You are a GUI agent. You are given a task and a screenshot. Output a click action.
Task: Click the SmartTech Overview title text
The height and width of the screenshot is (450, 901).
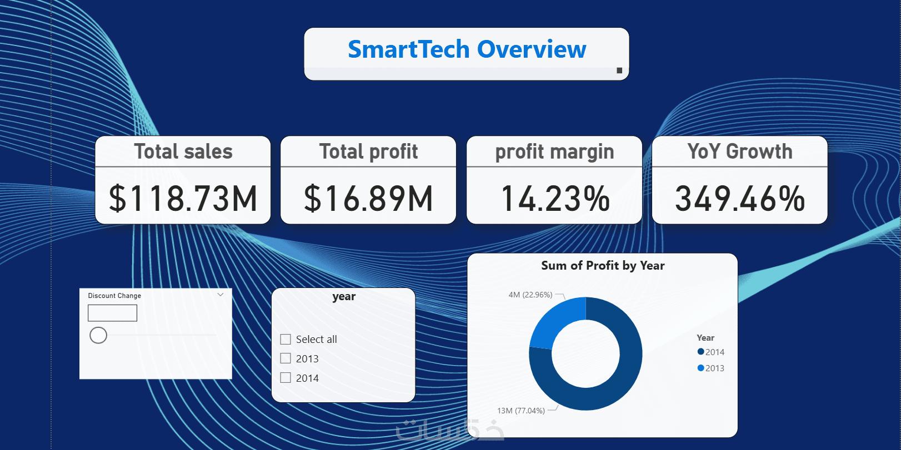[467, 49]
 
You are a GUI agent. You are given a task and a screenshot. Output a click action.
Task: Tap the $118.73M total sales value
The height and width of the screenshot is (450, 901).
[183, 199]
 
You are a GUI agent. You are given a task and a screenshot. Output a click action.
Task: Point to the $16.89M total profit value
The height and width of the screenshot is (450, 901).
[368, 199]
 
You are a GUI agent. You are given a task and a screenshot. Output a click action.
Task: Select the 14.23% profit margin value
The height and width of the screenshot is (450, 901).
[555, 199]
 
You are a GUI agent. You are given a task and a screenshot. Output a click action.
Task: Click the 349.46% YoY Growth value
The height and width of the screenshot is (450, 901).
[739, 199]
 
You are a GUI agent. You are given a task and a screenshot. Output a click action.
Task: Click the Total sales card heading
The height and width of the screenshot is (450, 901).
[183, 151]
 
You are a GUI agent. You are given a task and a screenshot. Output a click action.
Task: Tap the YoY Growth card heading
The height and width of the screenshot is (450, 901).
[739, 151]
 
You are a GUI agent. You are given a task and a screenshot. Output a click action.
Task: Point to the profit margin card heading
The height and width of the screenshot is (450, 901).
[554, 151]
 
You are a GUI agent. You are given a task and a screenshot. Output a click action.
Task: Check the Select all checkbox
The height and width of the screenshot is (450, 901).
[286, 339]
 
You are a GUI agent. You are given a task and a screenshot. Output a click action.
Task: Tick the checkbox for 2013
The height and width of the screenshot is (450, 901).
[286, 358]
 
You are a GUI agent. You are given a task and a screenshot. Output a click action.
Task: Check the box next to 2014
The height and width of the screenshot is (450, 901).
[286, 378]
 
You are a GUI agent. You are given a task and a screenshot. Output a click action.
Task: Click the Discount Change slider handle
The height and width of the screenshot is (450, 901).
[98, 335]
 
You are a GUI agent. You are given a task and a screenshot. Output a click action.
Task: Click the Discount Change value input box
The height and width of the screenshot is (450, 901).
[112, 313]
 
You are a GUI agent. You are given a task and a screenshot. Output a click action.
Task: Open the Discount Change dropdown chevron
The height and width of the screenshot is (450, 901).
[221, 295]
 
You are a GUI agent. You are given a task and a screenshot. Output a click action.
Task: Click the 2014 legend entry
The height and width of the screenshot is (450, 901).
[711, 352]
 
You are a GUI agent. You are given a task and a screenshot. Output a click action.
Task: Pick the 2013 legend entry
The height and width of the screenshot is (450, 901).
[711, 368]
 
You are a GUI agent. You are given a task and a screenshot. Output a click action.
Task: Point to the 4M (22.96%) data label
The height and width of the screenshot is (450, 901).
[530, 295]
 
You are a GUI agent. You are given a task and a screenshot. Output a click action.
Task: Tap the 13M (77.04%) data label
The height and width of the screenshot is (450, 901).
[521, 411]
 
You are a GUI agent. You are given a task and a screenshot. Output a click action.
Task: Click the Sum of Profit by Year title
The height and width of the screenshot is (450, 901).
[603, 266]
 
